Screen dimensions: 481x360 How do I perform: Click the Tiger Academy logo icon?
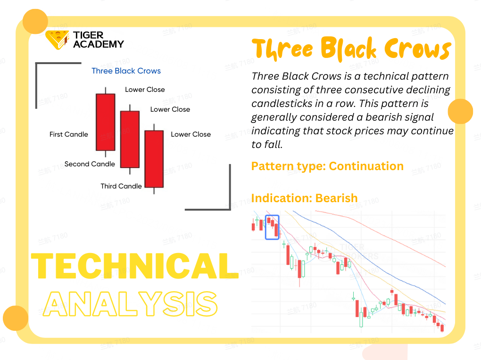57,40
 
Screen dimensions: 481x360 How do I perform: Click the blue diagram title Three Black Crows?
126,71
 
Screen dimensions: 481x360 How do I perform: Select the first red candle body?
106,122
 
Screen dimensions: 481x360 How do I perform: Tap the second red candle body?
130,139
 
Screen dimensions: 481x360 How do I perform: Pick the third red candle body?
154,159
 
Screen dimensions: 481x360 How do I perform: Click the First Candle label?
69,134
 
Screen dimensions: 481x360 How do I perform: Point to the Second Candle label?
90,164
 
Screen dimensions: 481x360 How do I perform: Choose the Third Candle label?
121,186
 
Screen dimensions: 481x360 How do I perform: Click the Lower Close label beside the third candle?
191,134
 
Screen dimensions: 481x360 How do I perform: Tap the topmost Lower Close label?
145,90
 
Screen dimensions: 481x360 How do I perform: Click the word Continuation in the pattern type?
366,166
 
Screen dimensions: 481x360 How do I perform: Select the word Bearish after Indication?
337,198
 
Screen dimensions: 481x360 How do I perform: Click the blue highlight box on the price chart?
272,215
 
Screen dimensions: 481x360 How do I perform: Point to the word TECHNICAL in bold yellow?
135,266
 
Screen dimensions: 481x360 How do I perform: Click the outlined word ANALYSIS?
130,304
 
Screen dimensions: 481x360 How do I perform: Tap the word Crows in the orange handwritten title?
417,49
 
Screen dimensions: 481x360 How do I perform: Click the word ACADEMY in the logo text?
99,44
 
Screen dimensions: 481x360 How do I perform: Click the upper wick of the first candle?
106,90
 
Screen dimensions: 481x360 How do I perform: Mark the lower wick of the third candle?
154,191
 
